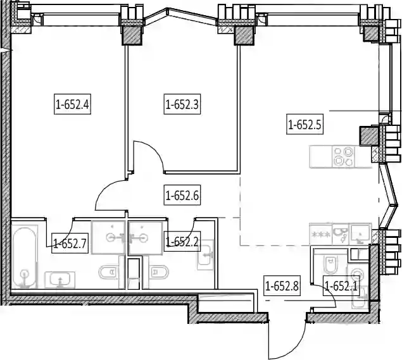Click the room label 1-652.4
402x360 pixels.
(73, 104)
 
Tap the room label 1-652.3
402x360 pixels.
(182, 104)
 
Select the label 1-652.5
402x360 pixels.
(305, 125)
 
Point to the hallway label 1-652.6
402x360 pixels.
(182, 196)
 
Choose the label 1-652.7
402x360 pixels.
(70, 243)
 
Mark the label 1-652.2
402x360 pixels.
(182, 242)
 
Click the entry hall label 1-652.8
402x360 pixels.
(282, 286)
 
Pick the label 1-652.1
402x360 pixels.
(341, 286)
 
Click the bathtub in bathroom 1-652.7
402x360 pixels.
(25, 258)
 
